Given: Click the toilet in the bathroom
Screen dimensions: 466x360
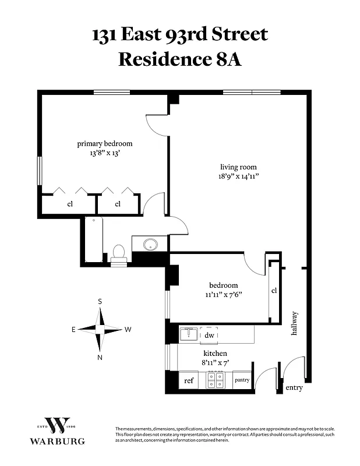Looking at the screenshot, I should point(119,253).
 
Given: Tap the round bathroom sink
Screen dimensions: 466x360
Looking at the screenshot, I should point(150,244).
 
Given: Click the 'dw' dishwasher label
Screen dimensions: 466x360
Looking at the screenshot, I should point(210,336).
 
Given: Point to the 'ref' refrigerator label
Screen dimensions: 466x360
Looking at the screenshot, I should point(189,380).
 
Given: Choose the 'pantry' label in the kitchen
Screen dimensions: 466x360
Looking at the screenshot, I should point(242,380).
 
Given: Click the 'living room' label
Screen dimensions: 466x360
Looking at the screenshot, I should point(238,167).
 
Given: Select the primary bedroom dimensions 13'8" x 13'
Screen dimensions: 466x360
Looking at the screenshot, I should point(105,154).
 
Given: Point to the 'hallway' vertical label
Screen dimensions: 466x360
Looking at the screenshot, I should point(294,324).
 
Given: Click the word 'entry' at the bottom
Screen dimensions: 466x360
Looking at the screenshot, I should point(294,387).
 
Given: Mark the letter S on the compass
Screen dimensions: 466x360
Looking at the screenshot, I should point(100,301).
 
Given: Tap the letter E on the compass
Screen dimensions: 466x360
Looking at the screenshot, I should point(73,330).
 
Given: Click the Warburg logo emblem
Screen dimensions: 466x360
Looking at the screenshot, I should point(58,426).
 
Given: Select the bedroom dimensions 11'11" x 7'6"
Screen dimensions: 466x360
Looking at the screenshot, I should point(224,295).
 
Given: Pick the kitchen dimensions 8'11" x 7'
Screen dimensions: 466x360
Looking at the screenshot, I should point(215,362).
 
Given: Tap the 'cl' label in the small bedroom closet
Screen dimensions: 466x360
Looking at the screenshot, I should point(274,290).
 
